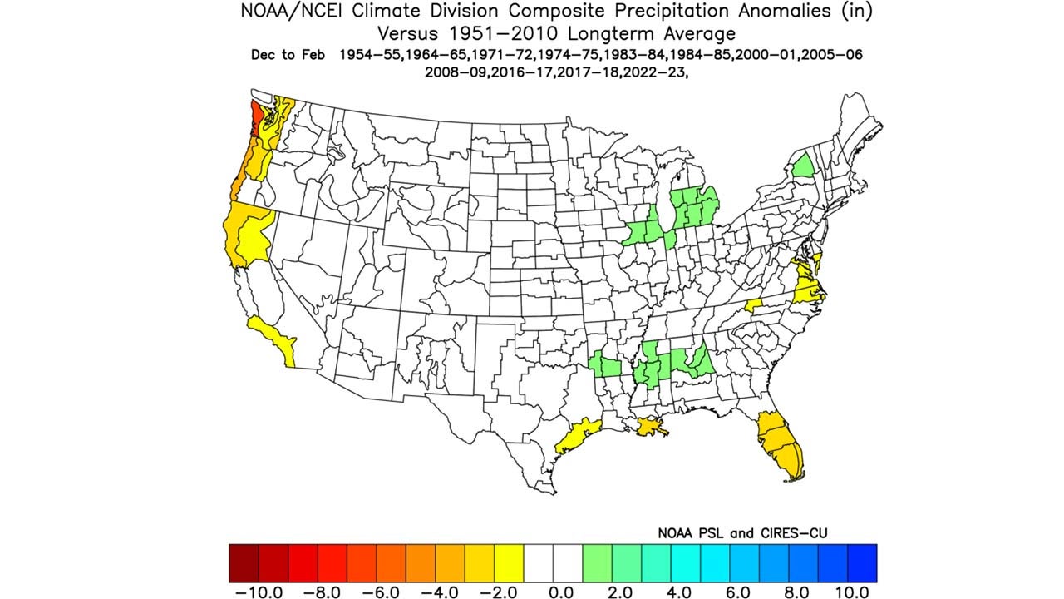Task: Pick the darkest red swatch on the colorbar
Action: point(244,562)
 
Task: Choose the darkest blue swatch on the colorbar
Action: point(862,562)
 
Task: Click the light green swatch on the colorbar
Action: point(597,562)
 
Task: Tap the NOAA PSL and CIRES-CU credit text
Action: point(742,532)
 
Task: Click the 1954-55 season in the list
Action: point(370,55)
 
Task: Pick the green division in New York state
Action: point(803,165)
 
